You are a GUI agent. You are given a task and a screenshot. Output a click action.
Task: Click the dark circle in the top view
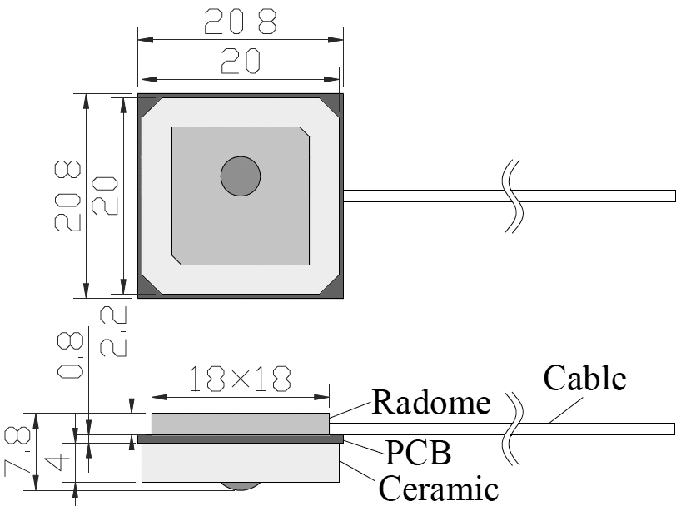pos(241,176)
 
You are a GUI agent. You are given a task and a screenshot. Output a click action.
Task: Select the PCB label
pos(418,454)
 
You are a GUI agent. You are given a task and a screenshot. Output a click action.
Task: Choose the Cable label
pos(584,379)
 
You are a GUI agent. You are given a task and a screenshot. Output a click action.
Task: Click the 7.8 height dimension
pos(19,450)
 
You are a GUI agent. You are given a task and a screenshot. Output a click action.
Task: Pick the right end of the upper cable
pos(673,196)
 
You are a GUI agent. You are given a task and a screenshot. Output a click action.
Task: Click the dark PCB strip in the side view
pos(241,438)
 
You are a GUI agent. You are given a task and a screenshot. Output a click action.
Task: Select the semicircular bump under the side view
pos(241,486)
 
